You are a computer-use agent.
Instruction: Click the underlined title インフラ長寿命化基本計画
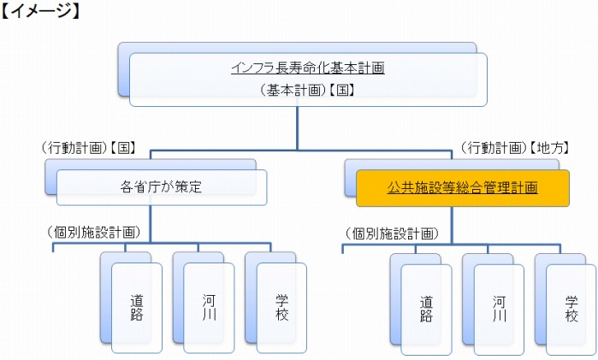pyautogui.click(x=307, y=68)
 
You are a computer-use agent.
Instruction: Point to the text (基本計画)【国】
pyautogui.click(x=307, y=89)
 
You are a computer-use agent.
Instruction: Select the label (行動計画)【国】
pyautogui.click(x=88, y=148)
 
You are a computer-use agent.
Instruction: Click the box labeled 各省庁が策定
pyautogui.click(x=162, y=186)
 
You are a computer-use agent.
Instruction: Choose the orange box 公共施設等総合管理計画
pyautogui.click(x=462, y=186)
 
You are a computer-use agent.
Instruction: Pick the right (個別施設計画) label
pyautogui.click(x=392, y=232)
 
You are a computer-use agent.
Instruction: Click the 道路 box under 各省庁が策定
pyautogui.click(x=137, y=308)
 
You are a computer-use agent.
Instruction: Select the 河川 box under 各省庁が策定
pyautogui.click(x=210, y=308)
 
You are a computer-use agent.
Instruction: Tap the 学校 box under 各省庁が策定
pyautogui.click(x=282, y=308)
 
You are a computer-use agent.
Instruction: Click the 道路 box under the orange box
pyautogui.click(x=426, y=309)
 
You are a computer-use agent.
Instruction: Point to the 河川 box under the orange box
pyautogui.click(x=499, y=309)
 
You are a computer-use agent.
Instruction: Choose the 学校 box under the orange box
pyautogui.click(x=571, y=309)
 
